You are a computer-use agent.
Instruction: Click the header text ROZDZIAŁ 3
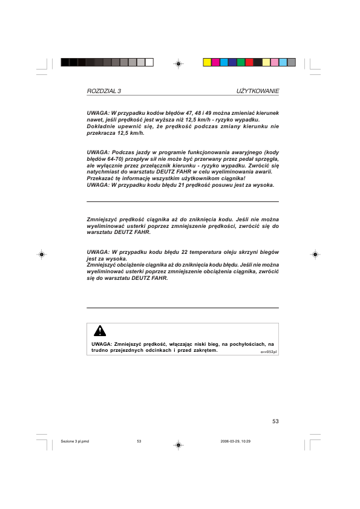pos(104,91)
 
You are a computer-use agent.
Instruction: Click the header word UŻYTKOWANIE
pos(257,91)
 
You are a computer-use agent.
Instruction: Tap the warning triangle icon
pos(100,330)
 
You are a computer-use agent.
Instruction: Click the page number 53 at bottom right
pos(275,421)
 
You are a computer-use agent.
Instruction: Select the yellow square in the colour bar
pos(207,62)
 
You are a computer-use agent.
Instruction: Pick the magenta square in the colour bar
pos(215,62)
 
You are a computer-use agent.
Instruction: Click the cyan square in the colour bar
pos(224,62)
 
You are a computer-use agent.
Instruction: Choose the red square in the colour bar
pos(249,62)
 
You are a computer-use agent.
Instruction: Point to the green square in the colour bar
pos(241,62)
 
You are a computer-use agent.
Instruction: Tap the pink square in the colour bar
pos(274,62)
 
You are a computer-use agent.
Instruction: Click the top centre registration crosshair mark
pos(179,62)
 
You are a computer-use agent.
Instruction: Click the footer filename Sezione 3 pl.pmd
pos(75,441)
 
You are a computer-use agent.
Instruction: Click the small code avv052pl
pos(269,351)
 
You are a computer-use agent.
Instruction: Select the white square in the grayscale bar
pos(149,62)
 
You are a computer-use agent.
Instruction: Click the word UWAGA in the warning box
pos(100,343)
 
